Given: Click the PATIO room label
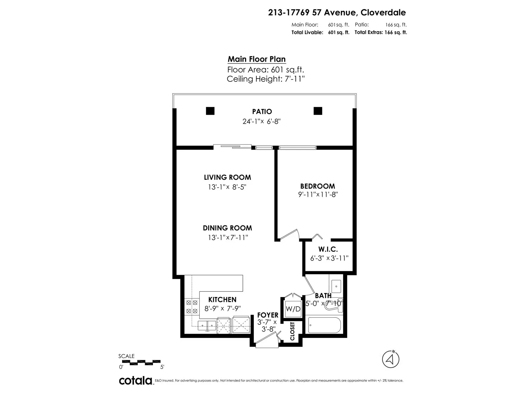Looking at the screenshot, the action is point(262,112).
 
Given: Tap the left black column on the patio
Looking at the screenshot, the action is point(210,111).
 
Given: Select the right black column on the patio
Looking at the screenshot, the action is point(318,111).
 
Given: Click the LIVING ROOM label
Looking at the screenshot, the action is point(227,178).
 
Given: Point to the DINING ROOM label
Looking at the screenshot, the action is point(227,228).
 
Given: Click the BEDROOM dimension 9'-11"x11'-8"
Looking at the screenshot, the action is point(318,194).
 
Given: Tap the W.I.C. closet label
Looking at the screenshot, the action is point(328,249).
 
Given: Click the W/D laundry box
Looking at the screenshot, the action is point(293,309).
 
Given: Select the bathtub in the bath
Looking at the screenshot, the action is point(324,325).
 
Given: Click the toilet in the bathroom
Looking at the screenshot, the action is point(334,306).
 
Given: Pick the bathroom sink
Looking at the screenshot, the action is point(336,286).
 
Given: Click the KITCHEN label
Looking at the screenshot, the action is point(222,300).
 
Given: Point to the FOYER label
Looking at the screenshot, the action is point(268,315).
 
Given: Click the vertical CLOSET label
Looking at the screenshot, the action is point(292,331).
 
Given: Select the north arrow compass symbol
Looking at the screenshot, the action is point(391,359).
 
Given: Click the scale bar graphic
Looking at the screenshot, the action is point(145,363).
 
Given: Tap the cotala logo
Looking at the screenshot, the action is point(136,380).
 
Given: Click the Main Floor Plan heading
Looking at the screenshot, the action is point(257,59).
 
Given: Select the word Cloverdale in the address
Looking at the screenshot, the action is point(383,13).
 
